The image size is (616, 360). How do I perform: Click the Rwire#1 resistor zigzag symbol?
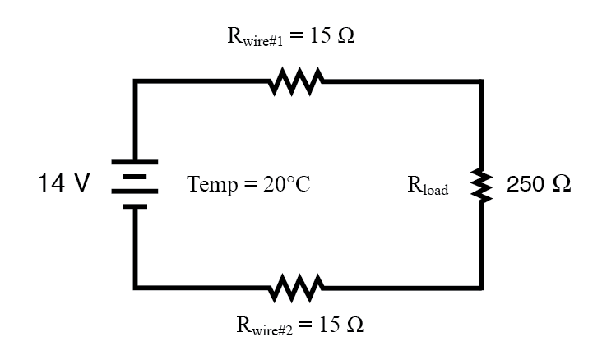click(296, 81)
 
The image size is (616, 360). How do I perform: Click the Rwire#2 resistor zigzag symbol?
click(296, 288)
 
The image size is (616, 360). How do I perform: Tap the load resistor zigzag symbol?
click(482, 185)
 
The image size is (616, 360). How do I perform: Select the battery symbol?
click(136, 185)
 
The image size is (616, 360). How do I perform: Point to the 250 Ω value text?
click(540, 185)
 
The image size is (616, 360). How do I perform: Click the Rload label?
click(428, 187)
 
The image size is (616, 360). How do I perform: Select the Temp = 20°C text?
click(248, 185)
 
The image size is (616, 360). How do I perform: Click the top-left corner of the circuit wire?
click(136, 81)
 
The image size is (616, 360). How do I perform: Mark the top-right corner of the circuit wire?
click(482, 81)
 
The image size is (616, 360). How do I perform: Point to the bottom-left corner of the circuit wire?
click(136, 288)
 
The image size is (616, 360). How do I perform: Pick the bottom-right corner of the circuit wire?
click(482, 288)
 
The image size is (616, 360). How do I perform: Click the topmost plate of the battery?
click(136, 163)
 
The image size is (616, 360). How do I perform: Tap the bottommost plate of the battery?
click(136, 206)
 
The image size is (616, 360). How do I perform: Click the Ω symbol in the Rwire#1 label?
click(346, 37)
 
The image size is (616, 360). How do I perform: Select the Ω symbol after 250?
click(561, 185)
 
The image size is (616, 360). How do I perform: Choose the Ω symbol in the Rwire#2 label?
click(354, 325)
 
